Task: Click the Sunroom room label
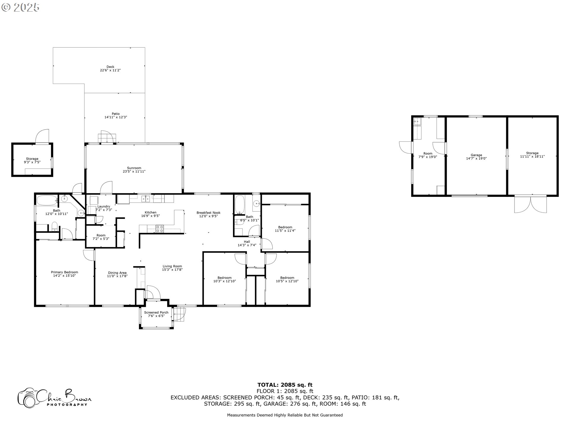pyautogui.click(x=134, y=168)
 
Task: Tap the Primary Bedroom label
pyautogui.click(x=64, y=272)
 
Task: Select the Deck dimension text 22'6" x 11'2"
pyautogui.click(x=110, y=70)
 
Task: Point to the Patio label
pyautogui.click(x=116, y=114)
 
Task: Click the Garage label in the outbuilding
pyautogui.click(x=476, y=155)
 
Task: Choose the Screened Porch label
pyautogui.click(x=156, y=312)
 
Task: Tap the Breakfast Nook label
pyautogui.click(x=208, y=213)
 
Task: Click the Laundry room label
pyautogui.click(x=104, y=206)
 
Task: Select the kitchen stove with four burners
pyautogui.click(x=160, y=228)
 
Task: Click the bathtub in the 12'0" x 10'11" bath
pyautogui.click(x=47, y=200)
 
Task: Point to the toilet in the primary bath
pyautogui.click(x=54, y=227)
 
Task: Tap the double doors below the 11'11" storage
pyautogui.click(x=531, y=204)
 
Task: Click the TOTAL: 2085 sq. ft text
pyautogui.click(x=285, y=385)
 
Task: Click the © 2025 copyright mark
pyautogui.click(x=20, y=7)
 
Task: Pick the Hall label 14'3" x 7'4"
pyautogui.click(x=247, y=243)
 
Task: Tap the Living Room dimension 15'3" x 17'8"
pyautogui.click(x=172, y=270)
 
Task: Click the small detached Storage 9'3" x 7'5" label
pyautogui.click(x=32, y=160)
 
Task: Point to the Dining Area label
pyautogui.click(x=117, y=273)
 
